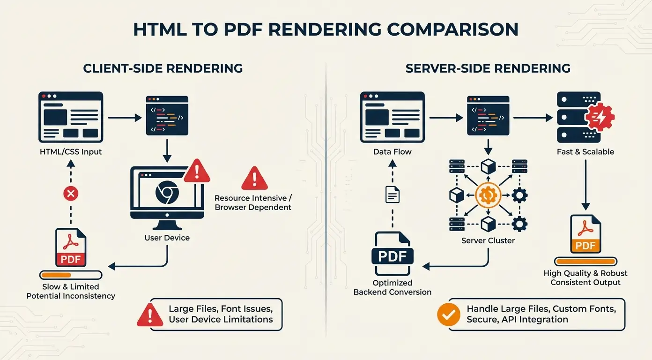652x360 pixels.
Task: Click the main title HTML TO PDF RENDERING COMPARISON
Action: (x=326, y=29)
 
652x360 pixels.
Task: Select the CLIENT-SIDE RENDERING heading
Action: (x=163, y=68)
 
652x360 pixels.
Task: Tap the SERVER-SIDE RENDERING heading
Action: (x=488, y=68)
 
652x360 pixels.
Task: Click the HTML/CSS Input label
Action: (x=70, y=151)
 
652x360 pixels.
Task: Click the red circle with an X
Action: (x=70, y=193)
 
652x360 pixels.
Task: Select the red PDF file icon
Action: (x=71, y=247)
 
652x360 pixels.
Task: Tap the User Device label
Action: (x=167, y=238)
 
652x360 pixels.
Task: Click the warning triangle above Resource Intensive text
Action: (x=254, y=178)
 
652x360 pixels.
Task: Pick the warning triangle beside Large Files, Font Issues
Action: (x=150, y=315)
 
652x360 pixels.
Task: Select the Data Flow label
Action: (x=392, y=151)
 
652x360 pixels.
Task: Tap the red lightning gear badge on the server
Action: (x=600, y=117)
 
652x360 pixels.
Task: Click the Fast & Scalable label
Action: (x=585, y=151)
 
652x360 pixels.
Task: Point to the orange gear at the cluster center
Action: (x=488, y=195)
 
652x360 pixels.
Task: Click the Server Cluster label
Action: (x=488, y=240)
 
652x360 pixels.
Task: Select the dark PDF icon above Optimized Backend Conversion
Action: (x=393, y=253)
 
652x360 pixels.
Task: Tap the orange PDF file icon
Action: (x=585, y=234)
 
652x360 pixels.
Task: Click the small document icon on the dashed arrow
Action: (x=393, y=194)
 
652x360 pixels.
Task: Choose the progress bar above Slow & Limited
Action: (x=71, y=275)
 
